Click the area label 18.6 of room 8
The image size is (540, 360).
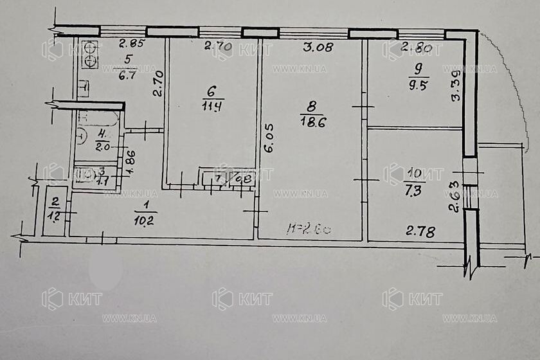(311, 130)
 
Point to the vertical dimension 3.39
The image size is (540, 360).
(456, 85)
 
